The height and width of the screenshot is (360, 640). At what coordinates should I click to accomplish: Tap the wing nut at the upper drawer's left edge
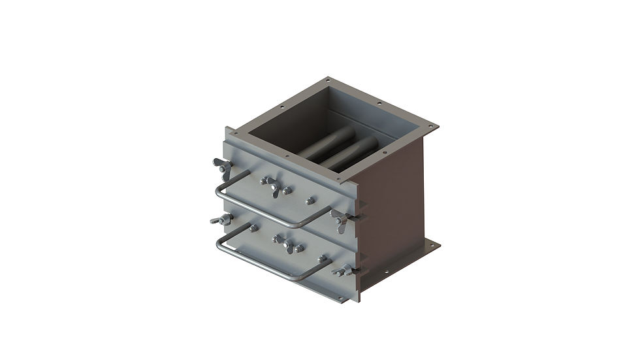[x=222, y=167]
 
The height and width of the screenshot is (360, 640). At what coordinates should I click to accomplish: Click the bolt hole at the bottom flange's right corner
[x=432, y=246]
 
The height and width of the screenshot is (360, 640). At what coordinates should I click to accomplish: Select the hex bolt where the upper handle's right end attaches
[x=310, y=201]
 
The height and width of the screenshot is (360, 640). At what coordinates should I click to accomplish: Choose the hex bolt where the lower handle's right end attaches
[x=322, y=259]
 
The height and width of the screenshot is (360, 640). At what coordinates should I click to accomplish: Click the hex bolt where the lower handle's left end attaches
[x=252, y=228]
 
